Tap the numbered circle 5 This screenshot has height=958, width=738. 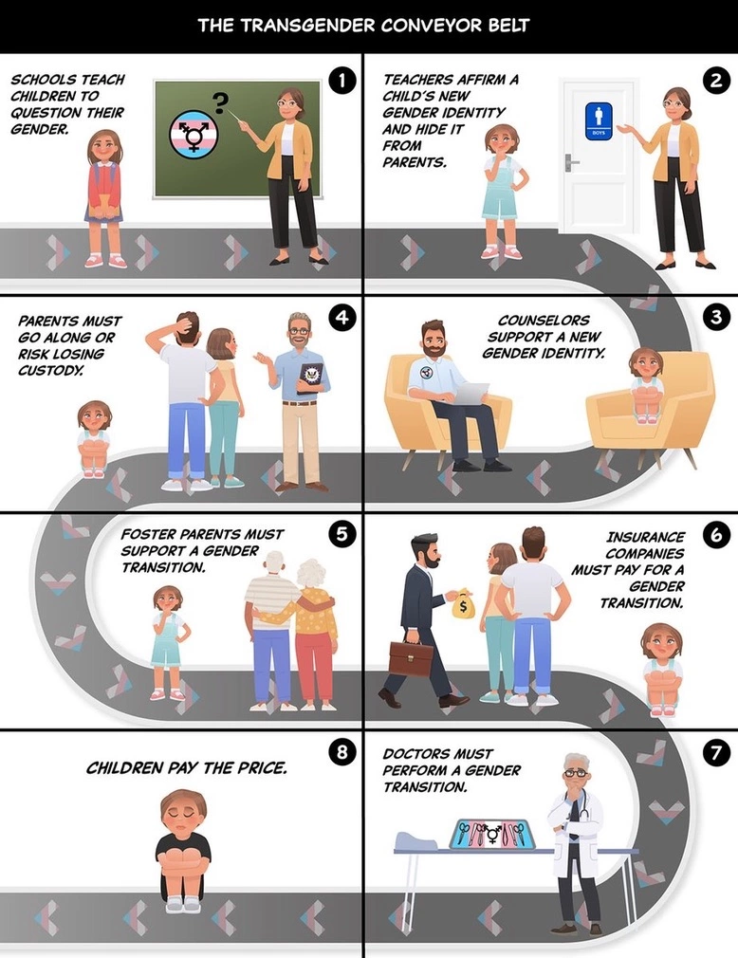click(342, 535)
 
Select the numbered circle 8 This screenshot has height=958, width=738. click(342, 751)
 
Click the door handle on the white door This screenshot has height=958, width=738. click(571, 162)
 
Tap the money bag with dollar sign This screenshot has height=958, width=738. click(463, 604)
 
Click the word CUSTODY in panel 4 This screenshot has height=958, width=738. click(50, 370)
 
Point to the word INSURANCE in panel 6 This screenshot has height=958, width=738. click(645, 537)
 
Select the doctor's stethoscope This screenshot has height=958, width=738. click(581, 803)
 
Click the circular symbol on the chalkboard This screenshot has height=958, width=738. click(194, 131)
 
